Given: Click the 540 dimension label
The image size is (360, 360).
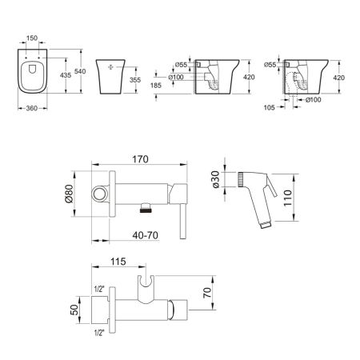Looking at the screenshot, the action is coord(80,71).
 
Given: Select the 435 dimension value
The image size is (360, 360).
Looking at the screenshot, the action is coord(66,75).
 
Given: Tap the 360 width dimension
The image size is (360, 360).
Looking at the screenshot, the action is coord(32,108).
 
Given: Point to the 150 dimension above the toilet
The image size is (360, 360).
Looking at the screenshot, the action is coord(32,38).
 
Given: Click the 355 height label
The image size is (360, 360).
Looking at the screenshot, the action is coord(135,80).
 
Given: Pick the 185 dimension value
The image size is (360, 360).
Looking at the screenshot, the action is coord(156,86).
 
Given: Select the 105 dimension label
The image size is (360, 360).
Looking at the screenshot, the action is coord(270,107).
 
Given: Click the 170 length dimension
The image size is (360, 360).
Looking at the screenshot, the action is coord(140,159).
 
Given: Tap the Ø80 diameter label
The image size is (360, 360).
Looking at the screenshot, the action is coord(69,194).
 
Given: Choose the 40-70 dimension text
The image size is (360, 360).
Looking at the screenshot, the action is coord(146,235).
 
